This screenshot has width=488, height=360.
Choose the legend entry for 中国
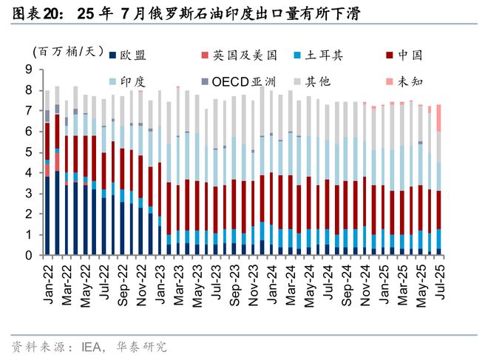point(409,55)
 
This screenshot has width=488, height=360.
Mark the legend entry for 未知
point(409,81)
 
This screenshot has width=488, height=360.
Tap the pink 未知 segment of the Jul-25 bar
point(438,118)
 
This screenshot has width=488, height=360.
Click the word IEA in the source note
point(84,345)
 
